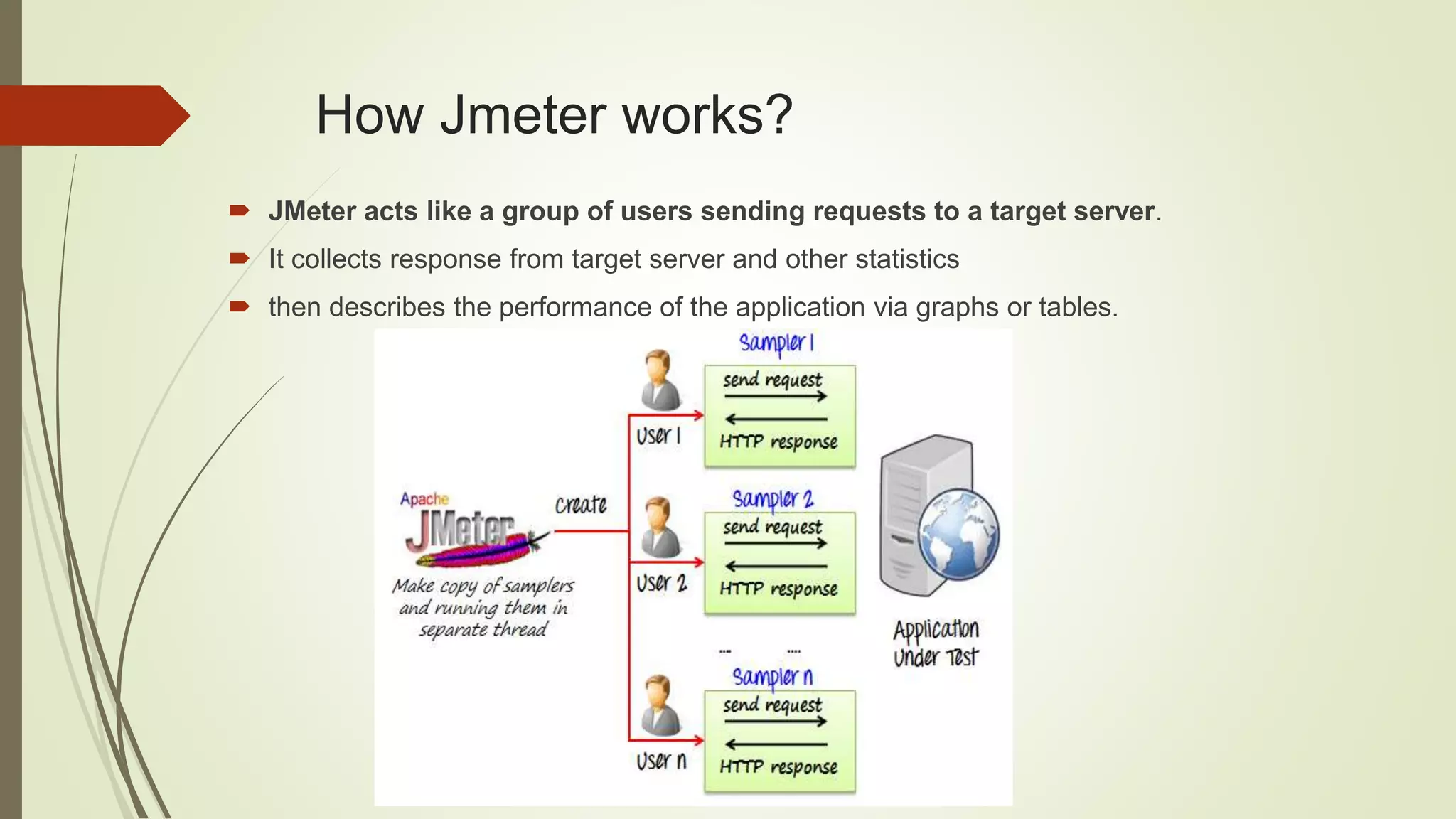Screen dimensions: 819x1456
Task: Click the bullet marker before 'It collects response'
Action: pyautogui.click(x=239, y=258)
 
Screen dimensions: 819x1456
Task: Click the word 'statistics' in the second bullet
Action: pyautogui.click(x=907, y=259)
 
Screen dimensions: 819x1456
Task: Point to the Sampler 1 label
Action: pyautogui.click(x=776, y=343)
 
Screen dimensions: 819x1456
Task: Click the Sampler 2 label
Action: pyautogui.click(x=772, y=499)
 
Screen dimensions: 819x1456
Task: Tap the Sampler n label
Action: pyautogui.click(x=772, y=677)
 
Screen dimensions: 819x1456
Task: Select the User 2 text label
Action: pyautogui.click(x=661, y=584)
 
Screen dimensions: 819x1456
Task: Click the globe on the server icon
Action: pyautogui.click(x=958, y=535)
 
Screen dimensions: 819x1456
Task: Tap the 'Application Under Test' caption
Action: pyautogui.click(x=936, y=643)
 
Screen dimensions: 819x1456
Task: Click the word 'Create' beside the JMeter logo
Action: pyautogui.click(x=581, y=505)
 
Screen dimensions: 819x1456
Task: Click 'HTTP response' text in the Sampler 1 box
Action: pyautogui.click(x=778, y=442)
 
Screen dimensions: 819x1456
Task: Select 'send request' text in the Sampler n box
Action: pyautogui.click(x=772, y=705)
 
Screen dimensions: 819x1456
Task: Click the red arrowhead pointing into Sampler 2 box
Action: pyautogui.click(x=698, y=562)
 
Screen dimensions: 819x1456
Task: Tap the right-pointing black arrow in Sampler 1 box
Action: pyautogui.click(x=775, y=397)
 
